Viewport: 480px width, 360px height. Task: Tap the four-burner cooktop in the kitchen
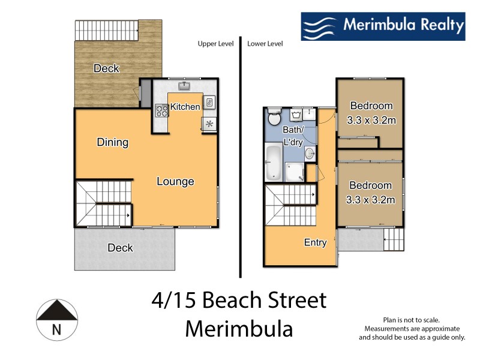[x=162, y=110]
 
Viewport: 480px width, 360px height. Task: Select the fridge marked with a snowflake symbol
[x=209, y=124]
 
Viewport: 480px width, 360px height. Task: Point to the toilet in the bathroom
[x=274, y=117]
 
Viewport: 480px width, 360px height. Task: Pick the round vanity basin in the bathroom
[x=310, y=154]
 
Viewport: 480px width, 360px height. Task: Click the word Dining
[x=113, y=142]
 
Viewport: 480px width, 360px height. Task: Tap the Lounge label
[x=176, y=181]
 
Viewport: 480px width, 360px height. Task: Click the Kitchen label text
[x=185, y=107]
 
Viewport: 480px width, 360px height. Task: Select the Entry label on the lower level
[x=315, y=242]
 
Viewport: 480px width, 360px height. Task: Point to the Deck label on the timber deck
[x=106, y=68]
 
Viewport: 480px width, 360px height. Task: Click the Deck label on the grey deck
[x=120, y=247]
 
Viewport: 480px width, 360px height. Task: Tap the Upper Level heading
[x=215, y=44]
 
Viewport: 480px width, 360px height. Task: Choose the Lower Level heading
[x=265, y=44]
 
